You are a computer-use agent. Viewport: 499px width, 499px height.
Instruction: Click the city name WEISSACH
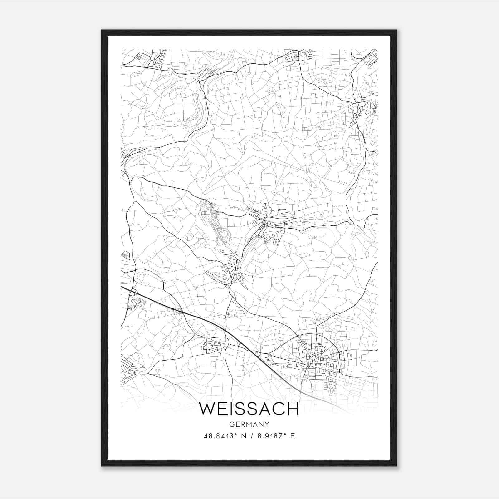click(249, 409)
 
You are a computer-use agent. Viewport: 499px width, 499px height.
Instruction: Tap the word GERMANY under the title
click(249, 424)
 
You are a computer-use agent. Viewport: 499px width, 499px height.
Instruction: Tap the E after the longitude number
click(292, 436)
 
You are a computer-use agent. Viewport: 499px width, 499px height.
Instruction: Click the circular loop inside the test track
click(223, 233)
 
